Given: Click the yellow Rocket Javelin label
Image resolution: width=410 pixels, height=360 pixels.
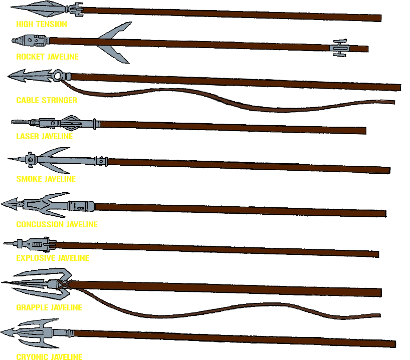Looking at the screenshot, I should pyautogui.click(x=48, y=57).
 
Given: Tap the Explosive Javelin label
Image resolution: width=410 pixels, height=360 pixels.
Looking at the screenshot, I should pyautogui.click(x=53, y=258).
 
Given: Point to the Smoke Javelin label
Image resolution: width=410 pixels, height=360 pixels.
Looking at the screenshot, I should pyautogui.click(x=46, y=179).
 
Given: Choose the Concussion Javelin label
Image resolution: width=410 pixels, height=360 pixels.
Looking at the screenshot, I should pyautogui.click(x=57, y=224).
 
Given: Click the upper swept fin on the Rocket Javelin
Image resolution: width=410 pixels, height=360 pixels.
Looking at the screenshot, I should pyautogui.click(x=116, y=31).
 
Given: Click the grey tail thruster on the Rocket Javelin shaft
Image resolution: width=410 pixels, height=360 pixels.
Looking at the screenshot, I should pyautogui.click(x=339, y=48).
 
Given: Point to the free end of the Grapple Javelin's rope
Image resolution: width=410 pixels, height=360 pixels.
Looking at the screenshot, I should pyautogui.click(x=378, y=315).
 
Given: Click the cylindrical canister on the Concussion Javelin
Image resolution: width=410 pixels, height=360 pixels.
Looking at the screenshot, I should pyautogui.click(x=80, y=206).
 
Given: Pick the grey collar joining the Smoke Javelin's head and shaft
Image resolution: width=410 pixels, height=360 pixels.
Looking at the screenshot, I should pyautogui.click(x=100, y=161).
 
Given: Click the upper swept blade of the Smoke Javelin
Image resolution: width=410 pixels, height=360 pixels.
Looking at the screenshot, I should pyautogui.click(x=58, y=152).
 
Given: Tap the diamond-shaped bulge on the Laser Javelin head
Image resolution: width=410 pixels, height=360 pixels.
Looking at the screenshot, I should pyautogui.click(x=70, y=121).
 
